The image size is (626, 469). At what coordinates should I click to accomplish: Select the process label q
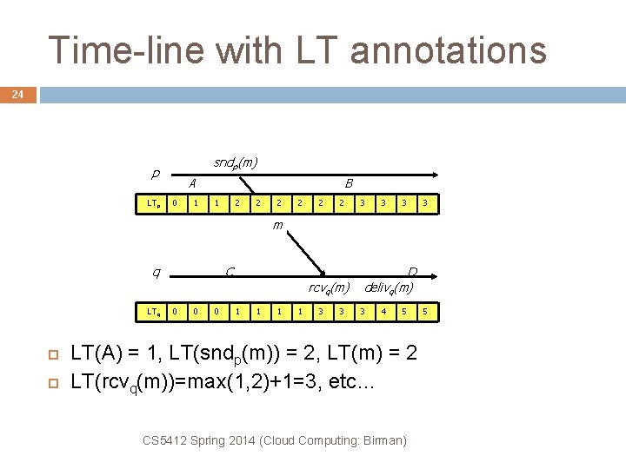point(156,273)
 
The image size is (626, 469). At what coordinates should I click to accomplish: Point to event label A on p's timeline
point(192,183)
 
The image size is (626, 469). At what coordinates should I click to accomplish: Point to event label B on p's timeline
point(349,183)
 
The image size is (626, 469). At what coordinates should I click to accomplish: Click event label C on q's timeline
point(230,273)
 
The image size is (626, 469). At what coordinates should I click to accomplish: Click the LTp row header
point(152,204)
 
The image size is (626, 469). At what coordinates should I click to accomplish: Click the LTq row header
point(152,311)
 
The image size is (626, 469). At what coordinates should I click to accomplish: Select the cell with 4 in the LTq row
point(383,311)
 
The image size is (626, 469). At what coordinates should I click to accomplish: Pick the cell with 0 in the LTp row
point(175,204)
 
